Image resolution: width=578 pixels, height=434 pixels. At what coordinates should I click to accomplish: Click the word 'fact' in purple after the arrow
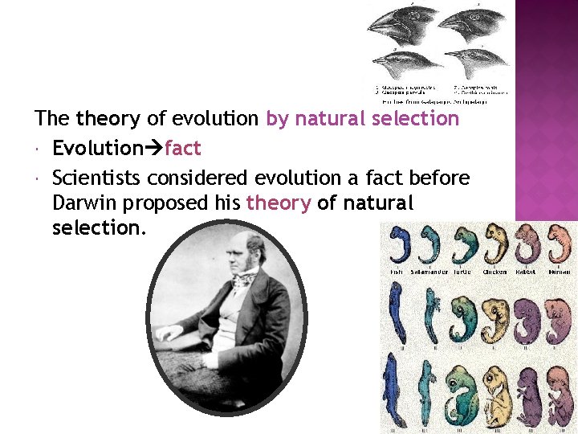point(182,149)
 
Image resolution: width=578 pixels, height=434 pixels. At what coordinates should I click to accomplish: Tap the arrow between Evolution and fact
point(153,149)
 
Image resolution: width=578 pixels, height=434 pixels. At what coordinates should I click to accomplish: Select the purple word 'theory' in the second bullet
point(278,203)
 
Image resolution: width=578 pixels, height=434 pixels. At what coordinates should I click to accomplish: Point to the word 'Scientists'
point(96,177)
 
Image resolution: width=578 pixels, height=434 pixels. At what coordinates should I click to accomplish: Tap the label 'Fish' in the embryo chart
point(397,272)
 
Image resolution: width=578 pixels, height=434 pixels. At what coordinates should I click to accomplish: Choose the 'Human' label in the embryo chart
point(559,272)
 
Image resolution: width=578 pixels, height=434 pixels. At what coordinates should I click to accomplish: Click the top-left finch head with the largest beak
point(397,28)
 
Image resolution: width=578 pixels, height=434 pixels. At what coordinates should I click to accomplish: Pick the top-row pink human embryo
point(560,245)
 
